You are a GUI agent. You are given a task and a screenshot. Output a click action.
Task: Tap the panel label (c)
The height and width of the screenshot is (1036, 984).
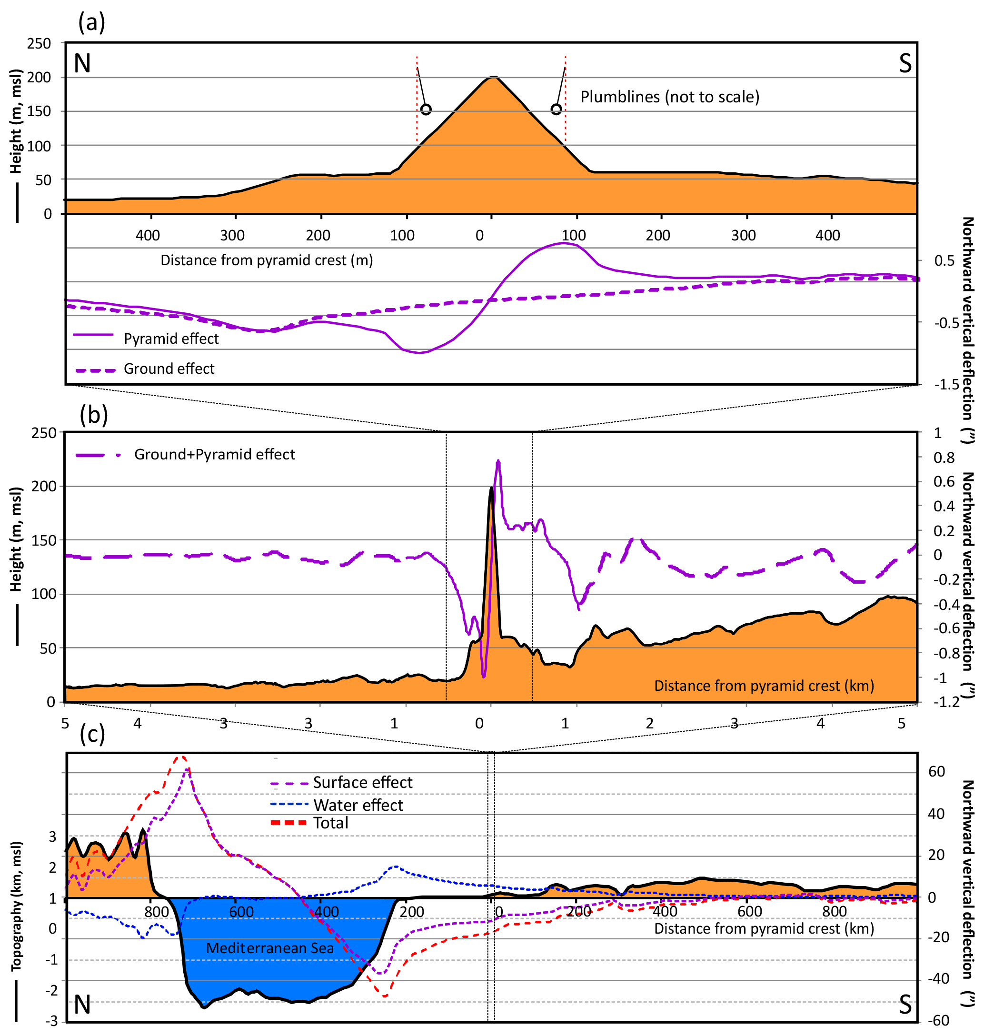(x=92, y=734)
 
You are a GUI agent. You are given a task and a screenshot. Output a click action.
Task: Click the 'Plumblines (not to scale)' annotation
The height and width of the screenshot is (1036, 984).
(x=669, y=97)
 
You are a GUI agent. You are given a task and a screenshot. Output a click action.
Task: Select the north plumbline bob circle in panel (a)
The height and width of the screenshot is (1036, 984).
(x=426, y=109)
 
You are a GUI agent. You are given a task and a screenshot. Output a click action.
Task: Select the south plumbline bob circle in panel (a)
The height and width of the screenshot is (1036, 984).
(x=556, y=109)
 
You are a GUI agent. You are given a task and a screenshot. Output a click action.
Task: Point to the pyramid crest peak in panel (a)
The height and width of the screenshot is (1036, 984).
(x=493, y=78)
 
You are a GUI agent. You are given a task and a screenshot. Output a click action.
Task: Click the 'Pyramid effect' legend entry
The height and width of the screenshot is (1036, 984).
(x=171, y=339)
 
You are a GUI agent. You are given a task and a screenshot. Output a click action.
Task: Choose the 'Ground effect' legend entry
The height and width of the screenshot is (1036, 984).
(x=169, y=369)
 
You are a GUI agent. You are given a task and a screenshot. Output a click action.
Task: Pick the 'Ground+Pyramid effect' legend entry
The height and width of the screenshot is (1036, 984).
(x=215, y=454)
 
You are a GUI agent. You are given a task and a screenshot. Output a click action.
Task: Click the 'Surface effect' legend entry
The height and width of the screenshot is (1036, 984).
(x=362, y=783)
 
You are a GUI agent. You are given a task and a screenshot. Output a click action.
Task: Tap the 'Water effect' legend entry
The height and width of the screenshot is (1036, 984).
(x=358, y=805)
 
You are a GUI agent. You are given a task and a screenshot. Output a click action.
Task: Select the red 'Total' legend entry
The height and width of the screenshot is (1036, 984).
(x=330, y=823)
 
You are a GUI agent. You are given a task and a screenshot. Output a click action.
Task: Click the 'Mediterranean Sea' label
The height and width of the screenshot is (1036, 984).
(x=269, y=948)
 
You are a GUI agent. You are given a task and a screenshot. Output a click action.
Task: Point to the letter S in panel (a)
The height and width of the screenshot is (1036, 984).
(x=905, y=63)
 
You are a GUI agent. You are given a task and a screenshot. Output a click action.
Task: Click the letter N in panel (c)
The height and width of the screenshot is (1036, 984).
(x=82, y=1005)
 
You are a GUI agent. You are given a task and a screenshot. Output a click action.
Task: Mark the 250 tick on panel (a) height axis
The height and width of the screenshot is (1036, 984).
(x=40, y=43)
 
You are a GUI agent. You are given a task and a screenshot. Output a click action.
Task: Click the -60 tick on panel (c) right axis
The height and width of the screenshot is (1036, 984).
(x=938, y=1020)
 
